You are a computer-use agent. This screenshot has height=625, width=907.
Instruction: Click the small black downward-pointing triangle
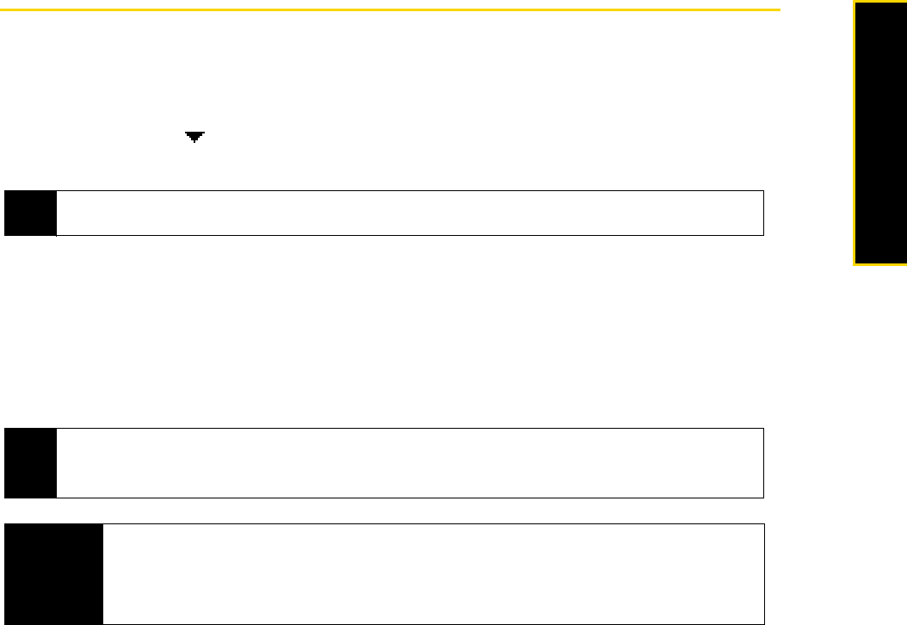tap(194, 136)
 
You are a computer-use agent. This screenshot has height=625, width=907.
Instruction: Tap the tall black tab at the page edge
tap(882, 133)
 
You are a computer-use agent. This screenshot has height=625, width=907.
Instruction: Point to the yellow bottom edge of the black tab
tap(880, 263)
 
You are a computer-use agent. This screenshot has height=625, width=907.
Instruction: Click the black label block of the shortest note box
tap(30, 213)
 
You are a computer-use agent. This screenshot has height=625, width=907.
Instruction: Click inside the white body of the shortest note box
tap(410, 213)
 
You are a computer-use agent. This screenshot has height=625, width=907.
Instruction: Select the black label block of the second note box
tap(30, 463)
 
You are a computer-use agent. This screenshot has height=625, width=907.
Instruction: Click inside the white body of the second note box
tap(410, 463)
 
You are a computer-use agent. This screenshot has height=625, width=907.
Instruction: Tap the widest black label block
tap(53, 573)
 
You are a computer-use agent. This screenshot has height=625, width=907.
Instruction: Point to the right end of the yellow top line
tap(779, 10)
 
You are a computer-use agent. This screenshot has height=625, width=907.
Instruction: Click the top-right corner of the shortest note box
tap(763, 191)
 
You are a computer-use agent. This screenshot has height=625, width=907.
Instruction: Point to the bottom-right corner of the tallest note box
tap(763, 623)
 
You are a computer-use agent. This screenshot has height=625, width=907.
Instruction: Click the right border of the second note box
tap(763, 463)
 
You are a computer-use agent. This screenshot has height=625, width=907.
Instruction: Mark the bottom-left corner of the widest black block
tap(5, 623)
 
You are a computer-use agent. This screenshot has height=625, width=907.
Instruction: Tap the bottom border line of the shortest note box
tap(410, 235)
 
